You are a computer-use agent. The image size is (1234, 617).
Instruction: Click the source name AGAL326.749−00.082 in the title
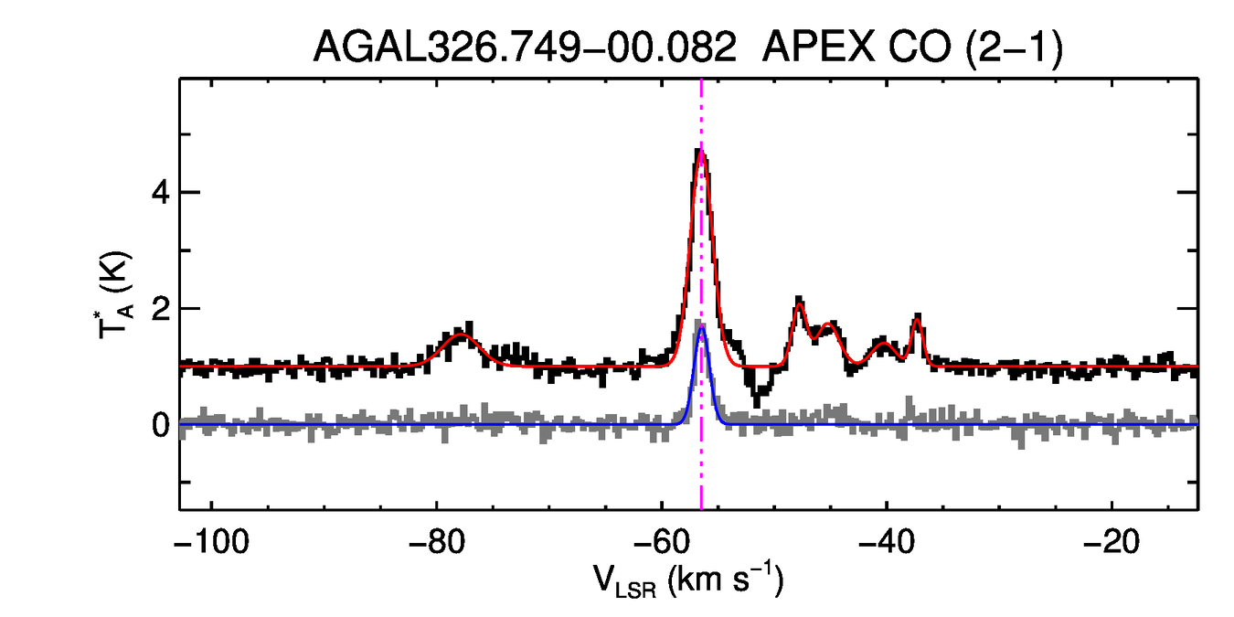[x=524, y=46]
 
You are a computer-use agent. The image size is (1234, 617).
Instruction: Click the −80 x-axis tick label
[x=436, y=541]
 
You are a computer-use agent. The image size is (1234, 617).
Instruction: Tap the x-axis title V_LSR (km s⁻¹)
[x=687, y=580]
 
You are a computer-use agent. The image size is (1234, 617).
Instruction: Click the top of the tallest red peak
[x=701, y=151]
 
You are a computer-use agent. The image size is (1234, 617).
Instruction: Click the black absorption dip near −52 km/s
[x=756, y=399]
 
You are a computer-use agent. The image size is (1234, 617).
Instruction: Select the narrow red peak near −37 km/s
[x=917, y=319]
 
